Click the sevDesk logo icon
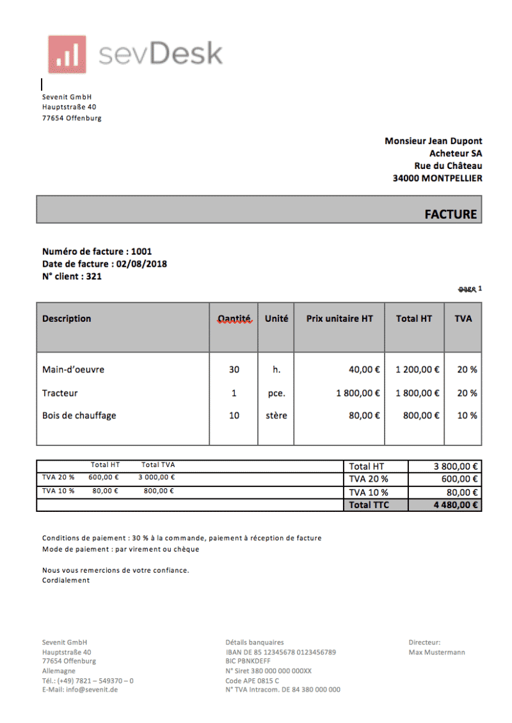tap(67, 54)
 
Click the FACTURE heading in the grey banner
tap(451, 214)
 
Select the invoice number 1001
tap(141, 251)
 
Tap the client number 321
tap(93, 276)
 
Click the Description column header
tap(67, 319)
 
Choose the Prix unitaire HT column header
tap(339, 319)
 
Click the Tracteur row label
tap(60, 393)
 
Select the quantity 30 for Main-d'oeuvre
tap(234, 370)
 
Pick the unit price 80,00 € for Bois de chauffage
tap(365, 416)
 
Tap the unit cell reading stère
tap(276, 416)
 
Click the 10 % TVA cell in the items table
tap(467, 416)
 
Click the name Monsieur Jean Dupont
tap(433, 141)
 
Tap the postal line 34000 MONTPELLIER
tap(437, 179)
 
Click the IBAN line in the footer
tap(280, 652)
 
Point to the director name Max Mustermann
tap(436, 652)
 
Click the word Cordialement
tap(66, 580)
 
